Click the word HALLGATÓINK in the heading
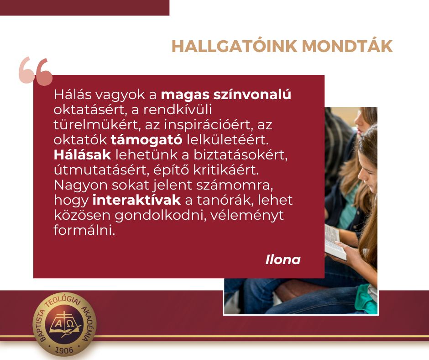click(234, 46)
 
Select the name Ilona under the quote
click(283, 260)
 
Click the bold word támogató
click(146, 140)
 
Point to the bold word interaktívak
click(136, 200)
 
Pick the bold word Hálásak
click(82, 155)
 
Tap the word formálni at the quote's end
click(84, 230)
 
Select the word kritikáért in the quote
click(226, 170)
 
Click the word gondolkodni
click(160, 215)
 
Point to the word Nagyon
click(81, 185)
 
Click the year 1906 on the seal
click(64, 350)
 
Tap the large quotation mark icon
click(36, 71)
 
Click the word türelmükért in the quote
click(97, 125)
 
